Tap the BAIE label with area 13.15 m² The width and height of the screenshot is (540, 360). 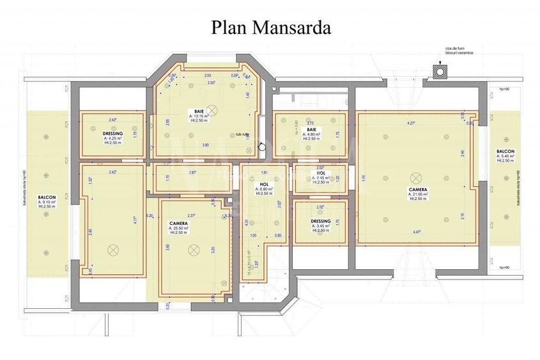(x=199, y=111)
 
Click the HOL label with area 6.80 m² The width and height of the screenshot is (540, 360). (x=265, y=185)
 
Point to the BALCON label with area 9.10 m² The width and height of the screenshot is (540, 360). (x=47, y=197)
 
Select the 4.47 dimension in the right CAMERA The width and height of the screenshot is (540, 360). (x=417, y=232)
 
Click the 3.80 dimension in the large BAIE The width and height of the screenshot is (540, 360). (x=205, y=145)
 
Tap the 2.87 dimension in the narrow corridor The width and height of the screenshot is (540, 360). (x=192, y=173)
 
